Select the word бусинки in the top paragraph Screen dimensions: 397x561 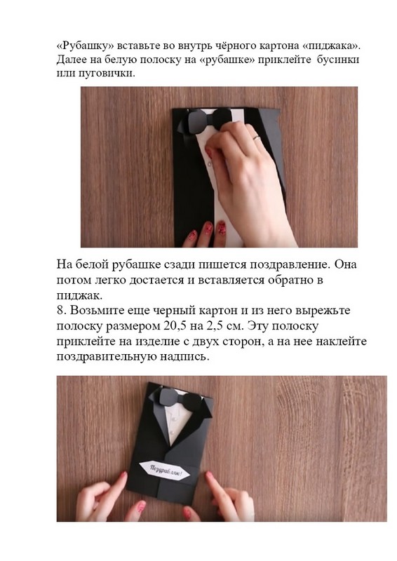click(x=338, y=60)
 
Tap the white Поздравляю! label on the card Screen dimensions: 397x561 click(x=164, y=471)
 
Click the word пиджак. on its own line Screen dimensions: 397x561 click(x=79, y=296)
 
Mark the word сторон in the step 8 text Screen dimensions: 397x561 click(x=242, y=342)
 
